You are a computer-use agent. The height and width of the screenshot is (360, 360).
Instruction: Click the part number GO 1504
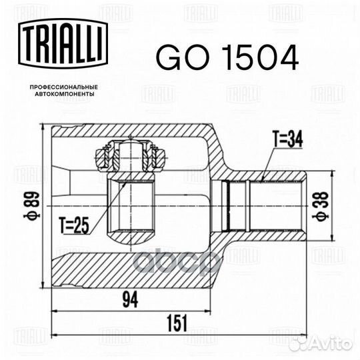click(227, 58)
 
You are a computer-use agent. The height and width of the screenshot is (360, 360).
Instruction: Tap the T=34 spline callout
click(287, 140)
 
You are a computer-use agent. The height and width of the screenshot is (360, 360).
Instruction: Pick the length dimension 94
click(130, 302)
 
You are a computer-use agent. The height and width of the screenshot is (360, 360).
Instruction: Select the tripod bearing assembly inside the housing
click(131, 157)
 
